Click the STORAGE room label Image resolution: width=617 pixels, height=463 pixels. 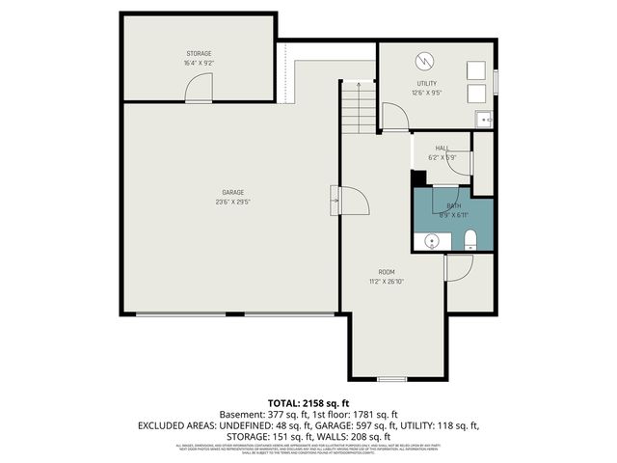(199, 53)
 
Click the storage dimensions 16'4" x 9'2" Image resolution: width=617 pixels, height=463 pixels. (199, 63)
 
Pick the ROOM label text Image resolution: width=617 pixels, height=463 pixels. (386, 272)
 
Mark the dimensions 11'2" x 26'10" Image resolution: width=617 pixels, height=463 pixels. (386, 282)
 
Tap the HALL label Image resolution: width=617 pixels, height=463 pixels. (443, 148)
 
